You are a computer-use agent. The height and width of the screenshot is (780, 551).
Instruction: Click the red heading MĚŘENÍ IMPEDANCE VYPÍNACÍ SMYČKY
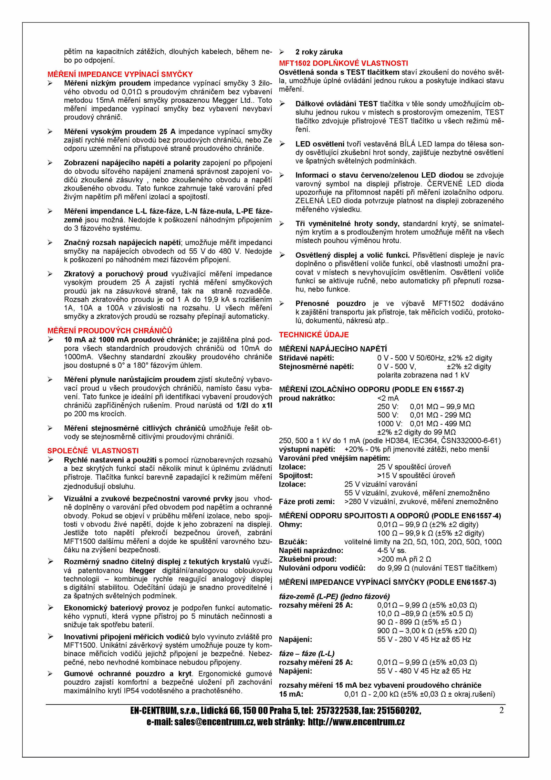pyautogui.click(x=120, y=74)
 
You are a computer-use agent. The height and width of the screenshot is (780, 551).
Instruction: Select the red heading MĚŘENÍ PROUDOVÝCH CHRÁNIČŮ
pyautogui.click(x=110, y=330)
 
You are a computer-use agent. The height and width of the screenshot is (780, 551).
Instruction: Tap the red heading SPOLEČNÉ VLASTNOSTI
pyautogui.click(x=93, y=451)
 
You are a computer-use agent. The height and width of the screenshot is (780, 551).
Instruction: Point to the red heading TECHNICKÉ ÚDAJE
pyautogui.click(x=314, y=335)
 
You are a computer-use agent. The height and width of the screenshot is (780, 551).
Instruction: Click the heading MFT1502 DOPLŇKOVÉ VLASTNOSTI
pyautogui.click(x=343, y=63)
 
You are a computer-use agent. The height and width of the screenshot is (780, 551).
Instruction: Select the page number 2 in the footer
pyautogui.click(x=501, y=710)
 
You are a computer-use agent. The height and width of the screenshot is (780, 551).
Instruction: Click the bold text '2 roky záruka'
pyautogui.click(x=319, y=52)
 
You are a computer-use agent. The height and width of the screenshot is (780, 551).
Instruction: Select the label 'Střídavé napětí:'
pyautogui.click(x=306, y=358)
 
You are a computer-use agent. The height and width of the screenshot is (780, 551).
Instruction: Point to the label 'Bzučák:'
pyautogui.click(x=293, y=542)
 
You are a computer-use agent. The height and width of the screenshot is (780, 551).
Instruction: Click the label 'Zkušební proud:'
pyautogui.click(x=308, y=559)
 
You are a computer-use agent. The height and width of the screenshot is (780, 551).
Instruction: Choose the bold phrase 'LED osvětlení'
pyautogui.click(x=320, y=144)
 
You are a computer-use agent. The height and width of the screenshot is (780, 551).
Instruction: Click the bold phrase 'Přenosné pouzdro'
pyautogui.click(x=330, y=304)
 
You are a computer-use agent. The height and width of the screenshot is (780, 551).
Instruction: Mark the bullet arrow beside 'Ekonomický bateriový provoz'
pyautogui.click(x=50, y=608)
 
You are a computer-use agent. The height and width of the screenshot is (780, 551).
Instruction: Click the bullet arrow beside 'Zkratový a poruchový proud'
pyautogui.click(x=50, y=274)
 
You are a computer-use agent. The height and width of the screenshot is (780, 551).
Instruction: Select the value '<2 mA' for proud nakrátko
pyautogui.click(x=388, y=398)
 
